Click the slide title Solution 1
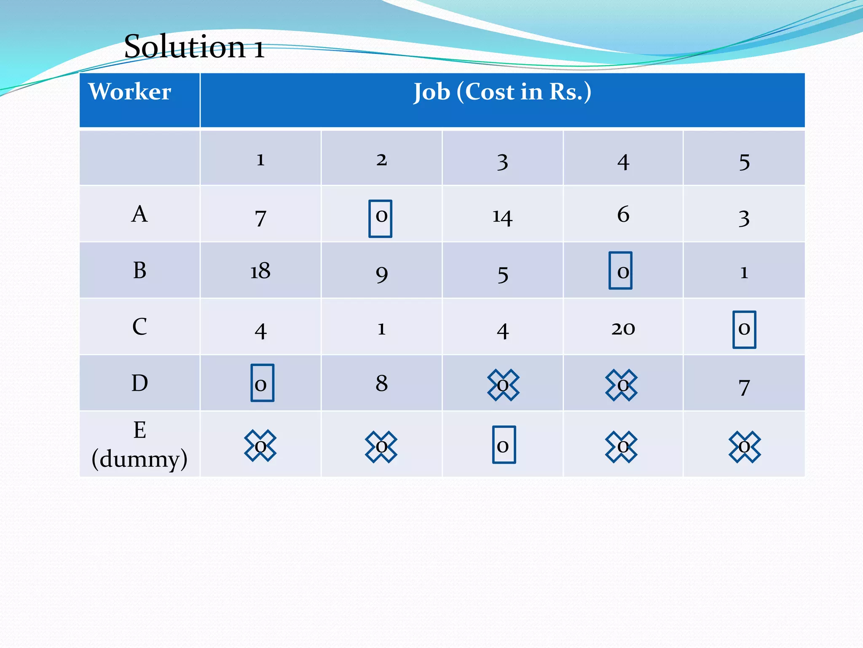point(194,46)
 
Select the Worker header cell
point(130,92)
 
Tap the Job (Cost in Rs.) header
point(502,92)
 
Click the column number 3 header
point(502,162)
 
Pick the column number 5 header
point(744,162)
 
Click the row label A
point(139,214)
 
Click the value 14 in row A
point(502,217)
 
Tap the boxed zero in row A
point(381,218)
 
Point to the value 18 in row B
point(260,271)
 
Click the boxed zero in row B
point(621,270)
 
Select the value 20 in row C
point(623,328)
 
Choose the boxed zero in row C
point(744,329)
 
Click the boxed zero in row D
point(262,383)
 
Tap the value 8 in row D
point(381,383)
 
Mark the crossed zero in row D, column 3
point(503,385)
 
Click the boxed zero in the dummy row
point(504,445)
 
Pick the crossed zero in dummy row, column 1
point(260,445)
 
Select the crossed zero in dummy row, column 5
point(745,447)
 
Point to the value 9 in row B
point(381,274)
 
